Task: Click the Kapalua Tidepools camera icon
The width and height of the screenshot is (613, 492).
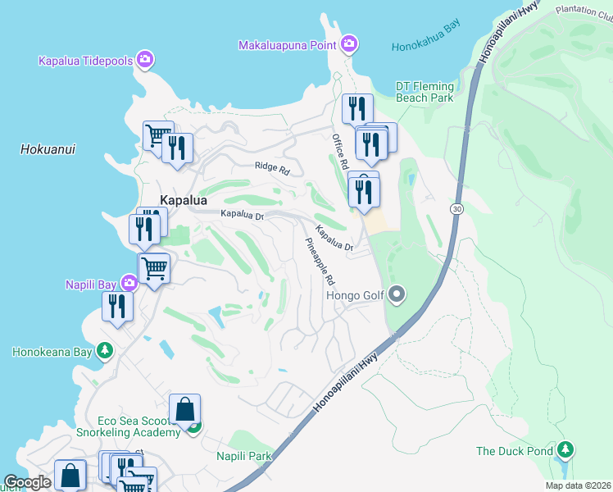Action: (145, 59)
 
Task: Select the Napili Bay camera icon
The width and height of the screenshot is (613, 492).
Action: (129, 284)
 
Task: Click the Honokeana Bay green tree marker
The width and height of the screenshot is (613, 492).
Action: (104, 351)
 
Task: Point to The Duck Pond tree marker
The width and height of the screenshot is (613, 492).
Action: (565, 450)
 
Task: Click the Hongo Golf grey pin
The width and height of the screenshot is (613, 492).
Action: (397, 294)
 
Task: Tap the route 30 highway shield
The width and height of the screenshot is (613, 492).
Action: (456, 210)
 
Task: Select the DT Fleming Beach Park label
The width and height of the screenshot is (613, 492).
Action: (425, 92)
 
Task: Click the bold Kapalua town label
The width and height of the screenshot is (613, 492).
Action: (184, 199)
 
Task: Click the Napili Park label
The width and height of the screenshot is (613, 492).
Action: (243, 455)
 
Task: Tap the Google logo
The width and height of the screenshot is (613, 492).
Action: (27, 483)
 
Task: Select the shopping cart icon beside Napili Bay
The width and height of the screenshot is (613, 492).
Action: (154, 267)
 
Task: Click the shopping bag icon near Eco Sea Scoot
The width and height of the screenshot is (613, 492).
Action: (185, 408)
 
